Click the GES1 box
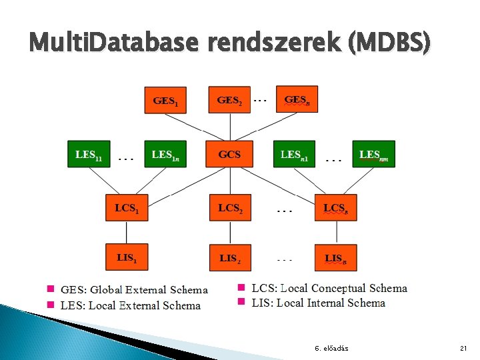tap(165, 101)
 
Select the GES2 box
tap(229, 100)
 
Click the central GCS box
tap(229, 154)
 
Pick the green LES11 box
tap(89, 154)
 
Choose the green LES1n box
tap(165, 154)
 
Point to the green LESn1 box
tap(293, 154)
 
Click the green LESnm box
tap(373, 154)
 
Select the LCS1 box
tap(127, 207)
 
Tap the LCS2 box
tap(230, 207)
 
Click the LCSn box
tap(335, 207)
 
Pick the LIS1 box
tap(127, 257)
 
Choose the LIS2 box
tap(230, 257)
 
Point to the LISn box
tap(335, 257)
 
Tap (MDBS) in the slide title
tap(388, 44)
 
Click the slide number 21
tap(464, 349)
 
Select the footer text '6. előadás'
tap(331, 349)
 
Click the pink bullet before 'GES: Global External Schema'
tap(51, 289)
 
